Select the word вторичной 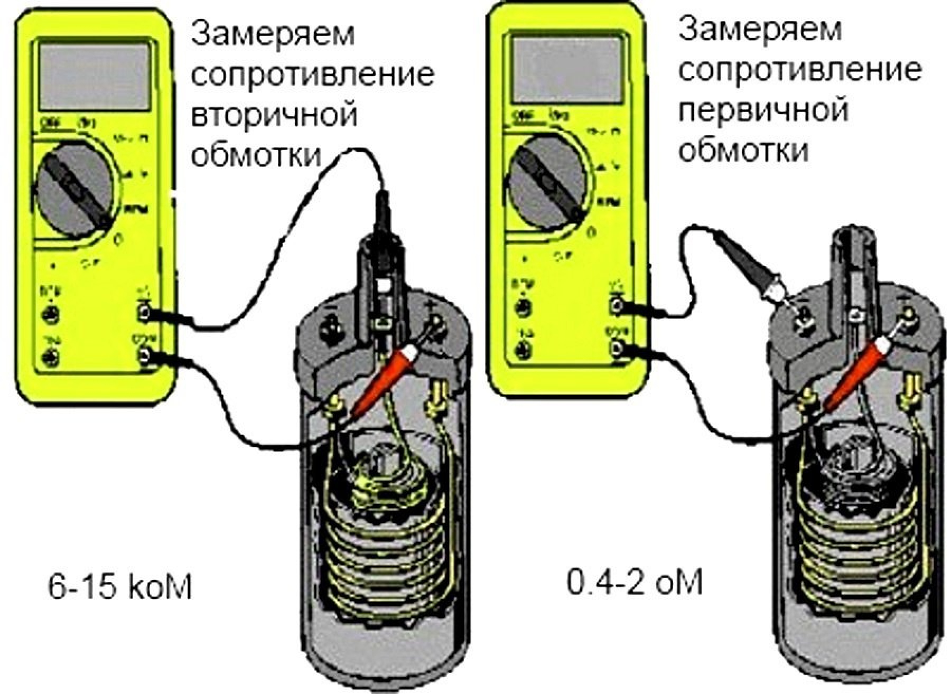274,114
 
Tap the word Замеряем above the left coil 273,35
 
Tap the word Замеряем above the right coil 760,30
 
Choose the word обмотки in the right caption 744,150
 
